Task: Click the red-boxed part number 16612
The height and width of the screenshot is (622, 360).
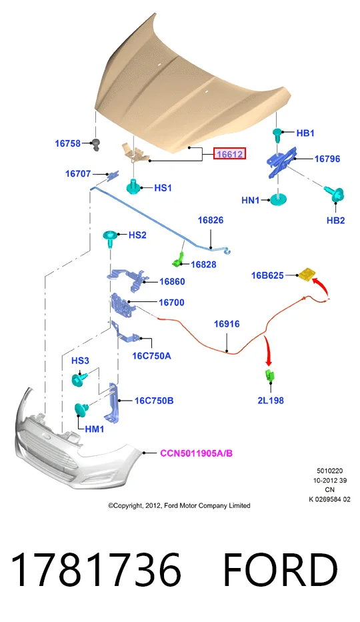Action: (230, 153)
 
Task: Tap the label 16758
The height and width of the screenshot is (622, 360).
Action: (67, 143)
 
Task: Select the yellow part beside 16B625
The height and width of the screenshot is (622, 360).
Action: (307, 274)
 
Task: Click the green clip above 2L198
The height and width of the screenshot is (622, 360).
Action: (269, 375)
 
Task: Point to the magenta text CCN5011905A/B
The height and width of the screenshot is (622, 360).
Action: (196, 453)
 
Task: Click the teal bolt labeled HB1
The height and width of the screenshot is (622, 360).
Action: (278, 134)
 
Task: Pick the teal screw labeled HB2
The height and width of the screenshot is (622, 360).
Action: (335, 194)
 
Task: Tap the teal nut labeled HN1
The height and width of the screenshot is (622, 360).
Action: (279, 200)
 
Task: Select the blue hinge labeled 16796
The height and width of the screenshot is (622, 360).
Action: (282, 162)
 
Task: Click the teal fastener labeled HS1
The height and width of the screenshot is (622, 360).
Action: (135, 187)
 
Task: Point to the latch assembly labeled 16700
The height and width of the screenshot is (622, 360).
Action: (121, 305)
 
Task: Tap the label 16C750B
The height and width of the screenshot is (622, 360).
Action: (154, 401)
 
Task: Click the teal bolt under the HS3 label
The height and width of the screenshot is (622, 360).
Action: (78, 380)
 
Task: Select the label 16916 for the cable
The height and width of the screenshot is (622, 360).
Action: (227, 324)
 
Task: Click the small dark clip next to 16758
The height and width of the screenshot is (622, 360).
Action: (95, 145)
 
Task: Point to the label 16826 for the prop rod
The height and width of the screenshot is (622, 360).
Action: (211, 220)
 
